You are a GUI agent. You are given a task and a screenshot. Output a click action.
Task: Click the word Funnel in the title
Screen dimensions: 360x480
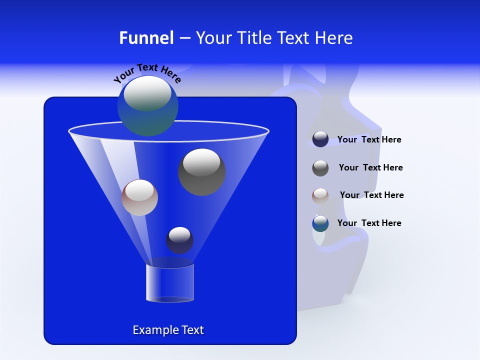point(146,38)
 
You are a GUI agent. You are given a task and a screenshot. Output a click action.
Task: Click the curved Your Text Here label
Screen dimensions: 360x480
point(147,73)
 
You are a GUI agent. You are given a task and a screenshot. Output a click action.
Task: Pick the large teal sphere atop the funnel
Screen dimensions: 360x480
point(148,105)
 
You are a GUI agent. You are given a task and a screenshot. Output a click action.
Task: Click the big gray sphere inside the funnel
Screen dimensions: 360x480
point(202,171)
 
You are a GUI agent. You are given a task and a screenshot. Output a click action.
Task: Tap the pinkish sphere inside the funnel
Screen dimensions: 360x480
point(139,197)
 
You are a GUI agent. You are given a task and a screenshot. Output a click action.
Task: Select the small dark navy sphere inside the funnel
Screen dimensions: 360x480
point(179,240)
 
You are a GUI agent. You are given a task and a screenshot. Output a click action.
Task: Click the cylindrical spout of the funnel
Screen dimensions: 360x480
point(169,283)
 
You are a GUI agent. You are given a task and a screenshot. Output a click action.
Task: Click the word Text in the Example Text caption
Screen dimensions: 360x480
point(192,330)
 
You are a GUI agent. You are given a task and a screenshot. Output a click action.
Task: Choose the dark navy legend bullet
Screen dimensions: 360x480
point(320,139)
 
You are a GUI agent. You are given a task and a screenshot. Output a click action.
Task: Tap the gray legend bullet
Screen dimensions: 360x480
point(320,168)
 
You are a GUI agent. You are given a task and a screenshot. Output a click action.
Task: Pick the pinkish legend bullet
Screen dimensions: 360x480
point(320,195)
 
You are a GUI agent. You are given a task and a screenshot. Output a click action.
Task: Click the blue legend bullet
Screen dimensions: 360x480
point(320,223)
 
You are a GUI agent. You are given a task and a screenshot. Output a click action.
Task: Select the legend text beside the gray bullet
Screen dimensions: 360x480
point(370,167)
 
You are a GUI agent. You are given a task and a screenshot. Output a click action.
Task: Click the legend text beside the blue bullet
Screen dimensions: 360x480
point(369,223)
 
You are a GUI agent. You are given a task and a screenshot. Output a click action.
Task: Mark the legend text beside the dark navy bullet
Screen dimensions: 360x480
point(369,139)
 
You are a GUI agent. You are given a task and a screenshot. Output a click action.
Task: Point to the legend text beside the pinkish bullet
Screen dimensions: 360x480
point(371,195)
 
